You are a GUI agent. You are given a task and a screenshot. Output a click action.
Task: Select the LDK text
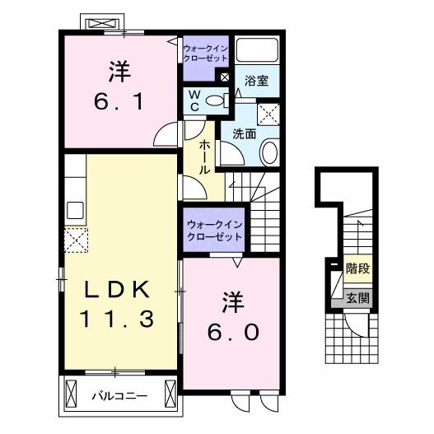tap(116, 290)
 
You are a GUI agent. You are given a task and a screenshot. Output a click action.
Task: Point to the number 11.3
tap(116, 318)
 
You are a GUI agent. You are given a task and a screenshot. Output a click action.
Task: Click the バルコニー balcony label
tap(119, 396)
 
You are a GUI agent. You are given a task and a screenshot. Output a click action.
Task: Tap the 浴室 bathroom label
tap(257, 81)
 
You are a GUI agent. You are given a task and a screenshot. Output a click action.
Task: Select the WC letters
tap(194, 101)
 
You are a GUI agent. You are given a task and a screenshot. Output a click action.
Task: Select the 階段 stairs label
tap(357, 268)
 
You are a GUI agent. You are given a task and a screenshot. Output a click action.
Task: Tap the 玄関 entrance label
tap(357, 298)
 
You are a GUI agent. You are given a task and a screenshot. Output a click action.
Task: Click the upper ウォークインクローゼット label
tap(203, 54)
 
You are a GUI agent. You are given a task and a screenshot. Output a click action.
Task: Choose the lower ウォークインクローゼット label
tap(214, 229)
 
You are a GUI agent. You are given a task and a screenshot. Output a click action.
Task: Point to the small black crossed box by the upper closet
tap(222, 77)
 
